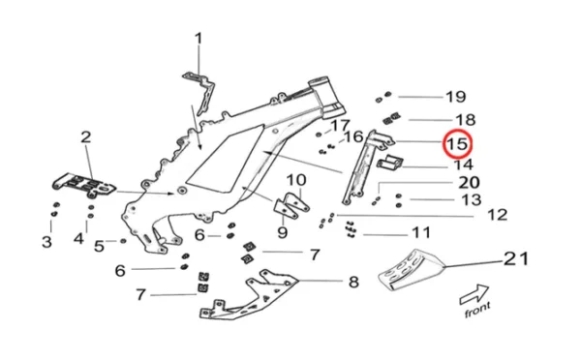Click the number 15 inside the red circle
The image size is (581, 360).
click(x=456, y=144)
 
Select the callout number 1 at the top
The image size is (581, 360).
click(x=199, y=39)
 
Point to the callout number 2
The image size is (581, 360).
click(x=85, y=138)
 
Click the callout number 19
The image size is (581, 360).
click(x=455, y=97)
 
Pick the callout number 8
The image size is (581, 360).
click(x=353, y=282)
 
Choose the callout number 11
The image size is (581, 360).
click(x=420, y=233)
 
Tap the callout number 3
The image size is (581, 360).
click(x=46, y=240)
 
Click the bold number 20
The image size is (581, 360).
click(x=468, y=182)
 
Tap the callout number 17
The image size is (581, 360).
click(x=339, y=126)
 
